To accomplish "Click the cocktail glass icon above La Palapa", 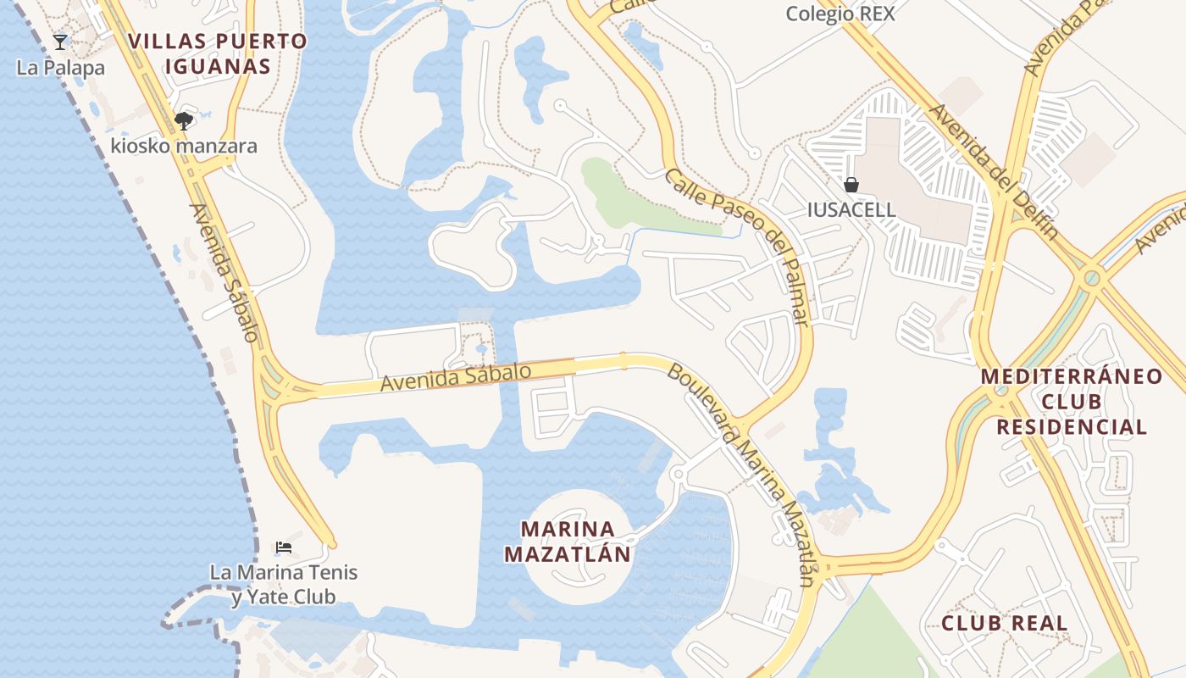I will point(59,42).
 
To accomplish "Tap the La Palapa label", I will point(60,68).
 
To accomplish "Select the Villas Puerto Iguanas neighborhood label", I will point(219,53).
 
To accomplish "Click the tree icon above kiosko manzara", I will point(183,121).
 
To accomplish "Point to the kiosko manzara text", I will point(184,146).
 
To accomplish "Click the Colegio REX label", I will point(840,14).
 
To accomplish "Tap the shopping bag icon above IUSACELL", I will point(851,185).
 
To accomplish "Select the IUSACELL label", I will point(851,209).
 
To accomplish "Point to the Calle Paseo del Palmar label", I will point(737,247).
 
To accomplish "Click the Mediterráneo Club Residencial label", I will point(1071,401).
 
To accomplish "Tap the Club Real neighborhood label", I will point(1004,624).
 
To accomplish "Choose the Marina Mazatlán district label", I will point(568,542).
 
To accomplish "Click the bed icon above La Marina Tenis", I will point(284,547).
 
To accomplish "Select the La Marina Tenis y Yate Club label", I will point(284,585).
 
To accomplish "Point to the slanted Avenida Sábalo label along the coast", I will point(224,272).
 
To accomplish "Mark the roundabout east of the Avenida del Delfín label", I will point(1091,276).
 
